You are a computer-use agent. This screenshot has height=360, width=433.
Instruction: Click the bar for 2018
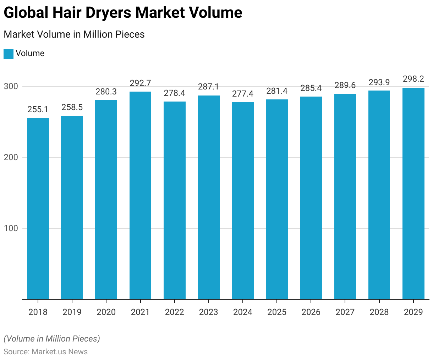coord(38,209)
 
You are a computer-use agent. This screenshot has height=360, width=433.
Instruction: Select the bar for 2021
coord(140,195)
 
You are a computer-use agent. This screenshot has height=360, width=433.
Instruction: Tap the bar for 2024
coord(243,201)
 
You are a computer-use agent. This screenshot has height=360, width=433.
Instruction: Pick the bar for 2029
coord(413,193)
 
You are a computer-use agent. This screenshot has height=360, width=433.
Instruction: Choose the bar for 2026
coord(311,198)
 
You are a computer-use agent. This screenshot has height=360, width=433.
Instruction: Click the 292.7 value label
coord(140,83)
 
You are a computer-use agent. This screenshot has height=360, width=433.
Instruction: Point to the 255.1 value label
coord(38,110)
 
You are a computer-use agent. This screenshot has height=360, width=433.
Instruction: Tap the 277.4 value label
coord(243,94)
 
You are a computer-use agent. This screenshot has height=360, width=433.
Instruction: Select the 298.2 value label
coord(413,79)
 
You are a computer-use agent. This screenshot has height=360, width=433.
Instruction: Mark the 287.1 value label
coord(208,87)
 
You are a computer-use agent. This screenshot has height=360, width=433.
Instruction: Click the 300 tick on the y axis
coord(11,86)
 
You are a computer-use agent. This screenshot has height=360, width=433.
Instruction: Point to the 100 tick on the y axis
coord(11,228)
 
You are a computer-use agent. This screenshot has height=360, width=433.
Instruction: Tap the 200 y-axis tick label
coord(11,157)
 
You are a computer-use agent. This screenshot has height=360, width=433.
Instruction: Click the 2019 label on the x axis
coord(72,312)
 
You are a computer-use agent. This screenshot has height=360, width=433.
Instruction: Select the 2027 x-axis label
coord(345,312)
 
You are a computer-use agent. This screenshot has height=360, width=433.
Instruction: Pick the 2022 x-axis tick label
coord(174,312)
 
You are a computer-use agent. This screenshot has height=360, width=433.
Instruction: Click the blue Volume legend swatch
coord(9,54)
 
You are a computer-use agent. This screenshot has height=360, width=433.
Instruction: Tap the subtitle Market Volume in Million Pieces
coord(74,34)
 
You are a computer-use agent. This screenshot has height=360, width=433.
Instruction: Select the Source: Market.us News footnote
coord(46,352)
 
